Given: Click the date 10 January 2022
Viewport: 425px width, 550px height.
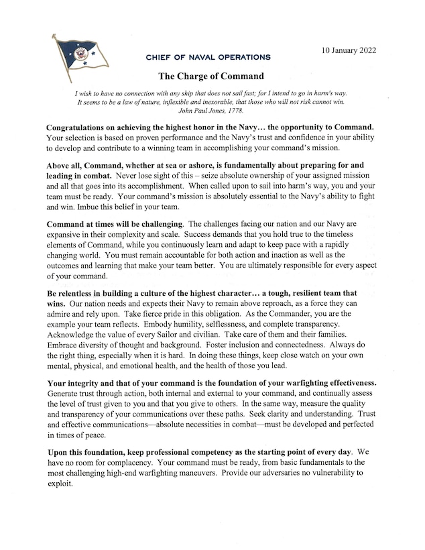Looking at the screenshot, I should click(348, 50).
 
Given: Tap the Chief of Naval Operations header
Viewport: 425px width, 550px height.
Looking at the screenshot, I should click(208, 58).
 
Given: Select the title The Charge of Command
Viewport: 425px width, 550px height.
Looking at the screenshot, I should click(210, 76).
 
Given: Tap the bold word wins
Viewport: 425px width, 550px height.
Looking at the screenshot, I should click(58, 304).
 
